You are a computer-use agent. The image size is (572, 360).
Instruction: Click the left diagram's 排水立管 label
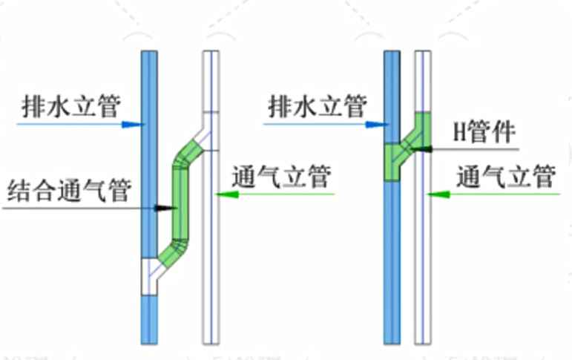click(x=70, y=105)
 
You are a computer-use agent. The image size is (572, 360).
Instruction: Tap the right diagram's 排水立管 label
click(x=317, y=105)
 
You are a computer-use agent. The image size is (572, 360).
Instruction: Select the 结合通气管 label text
click(x=68, y=191)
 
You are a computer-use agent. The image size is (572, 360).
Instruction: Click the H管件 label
click(x=484, y=134)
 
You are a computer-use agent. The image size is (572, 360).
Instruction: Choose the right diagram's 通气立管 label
click(x=507, y=177)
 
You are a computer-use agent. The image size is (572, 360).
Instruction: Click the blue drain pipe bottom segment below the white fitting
click(x=149, y=319)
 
